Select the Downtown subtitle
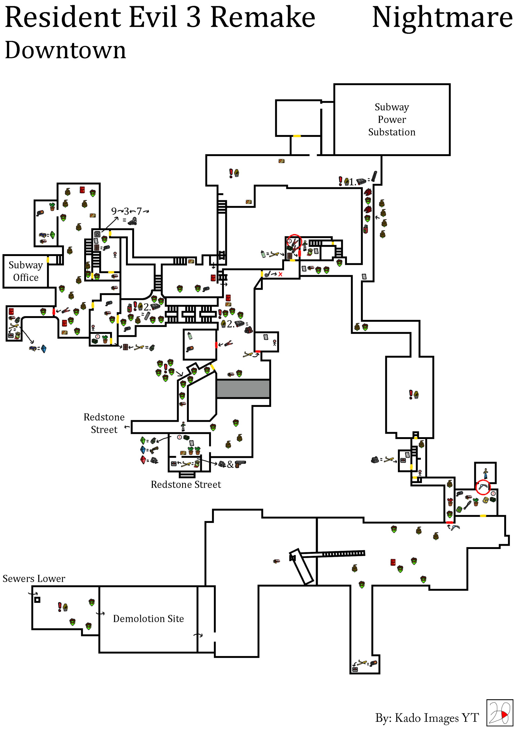66,50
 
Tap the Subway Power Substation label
392,120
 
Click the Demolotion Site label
148,619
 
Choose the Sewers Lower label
34,579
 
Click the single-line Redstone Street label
186,485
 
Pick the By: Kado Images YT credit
427,718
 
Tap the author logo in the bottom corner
499,713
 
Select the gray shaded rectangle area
243,388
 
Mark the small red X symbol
280,274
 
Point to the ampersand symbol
230,465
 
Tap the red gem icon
143,460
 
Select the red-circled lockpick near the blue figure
483,487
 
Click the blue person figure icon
485,473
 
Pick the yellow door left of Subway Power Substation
297,136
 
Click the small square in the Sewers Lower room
37,600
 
